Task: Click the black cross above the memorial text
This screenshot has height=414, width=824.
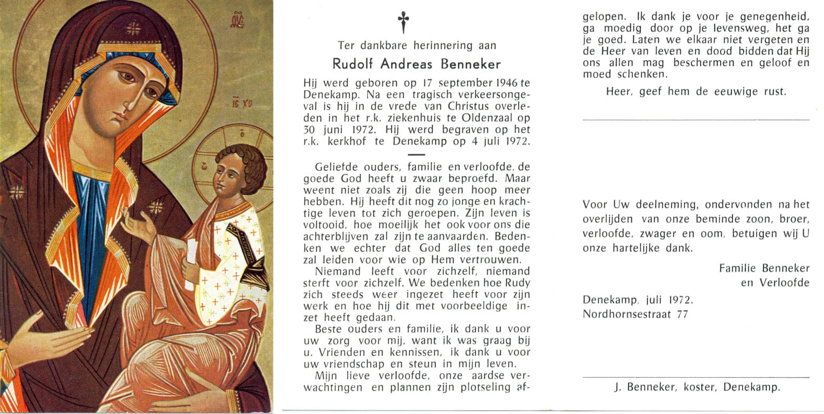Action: (x=403, y=21)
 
